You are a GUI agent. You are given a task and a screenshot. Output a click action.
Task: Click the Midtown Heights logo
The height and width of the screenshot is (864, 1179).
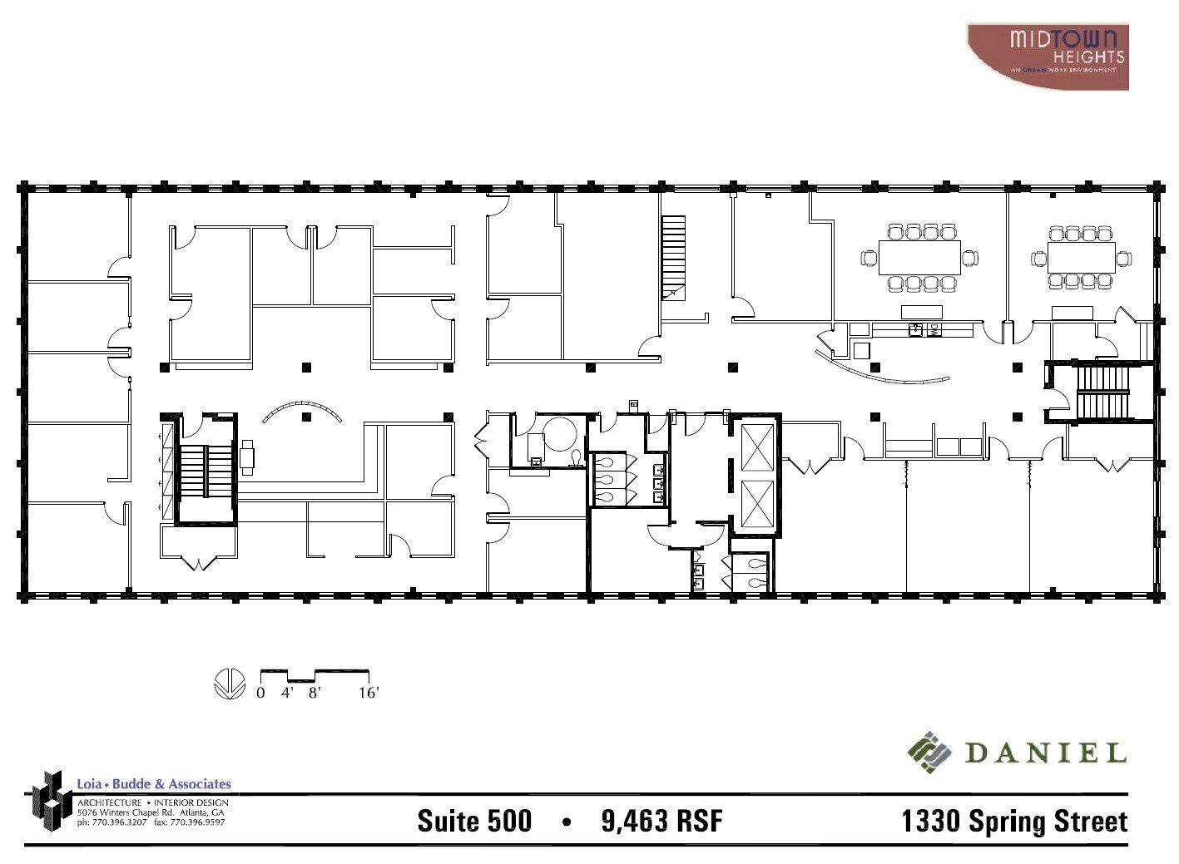1048,56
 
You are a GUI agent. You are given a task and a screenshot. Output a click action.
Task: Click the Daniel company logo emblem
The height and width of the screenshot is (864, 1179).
929,753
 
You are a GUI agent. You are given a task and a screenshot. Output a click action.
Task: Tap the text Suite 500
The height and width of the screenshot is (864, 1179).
474,821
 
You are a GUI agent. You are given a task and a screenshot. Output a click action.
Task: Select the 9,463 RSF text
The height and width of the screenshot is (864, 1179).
661,821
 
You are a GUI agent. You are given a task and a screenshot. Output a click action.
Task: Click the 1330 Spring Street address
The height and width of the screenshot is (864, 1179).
1014,821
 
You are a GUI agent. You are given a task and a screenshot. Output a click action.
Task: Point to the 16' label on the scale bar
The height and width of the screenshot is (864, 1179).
369,693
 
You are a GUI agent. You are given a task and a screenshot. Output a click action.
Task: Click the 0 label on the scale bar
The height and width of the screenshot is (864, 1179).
260,693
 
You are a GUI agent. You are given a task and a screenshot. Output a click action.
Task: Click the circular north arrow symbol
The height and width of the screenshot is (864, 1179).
230,684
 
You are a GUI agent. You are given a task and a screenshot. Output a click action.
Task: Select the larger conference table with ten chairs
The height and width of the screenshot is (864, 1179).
919,258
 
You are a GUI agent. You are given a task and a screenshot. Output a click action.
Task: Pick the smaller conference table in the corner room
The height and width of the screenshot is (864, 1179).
1081,257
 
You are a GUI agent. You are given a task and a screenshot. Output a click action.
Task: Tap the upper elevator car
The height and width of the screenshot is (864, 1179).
756,448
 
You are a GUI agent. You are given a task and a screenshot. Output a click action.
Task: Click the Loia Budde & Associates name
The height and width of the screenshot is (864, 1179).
154,783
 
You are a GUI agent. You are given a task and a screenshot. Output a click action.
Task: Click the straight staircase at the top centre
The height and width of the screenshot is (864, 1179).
673,256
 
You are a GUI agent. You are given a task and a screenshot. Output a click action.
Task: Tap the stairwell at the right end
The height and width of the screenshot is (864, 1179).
1103,393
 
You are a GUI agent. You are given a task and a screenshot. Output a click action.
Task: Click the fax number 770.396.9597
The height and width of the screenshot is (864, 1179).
189,822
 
